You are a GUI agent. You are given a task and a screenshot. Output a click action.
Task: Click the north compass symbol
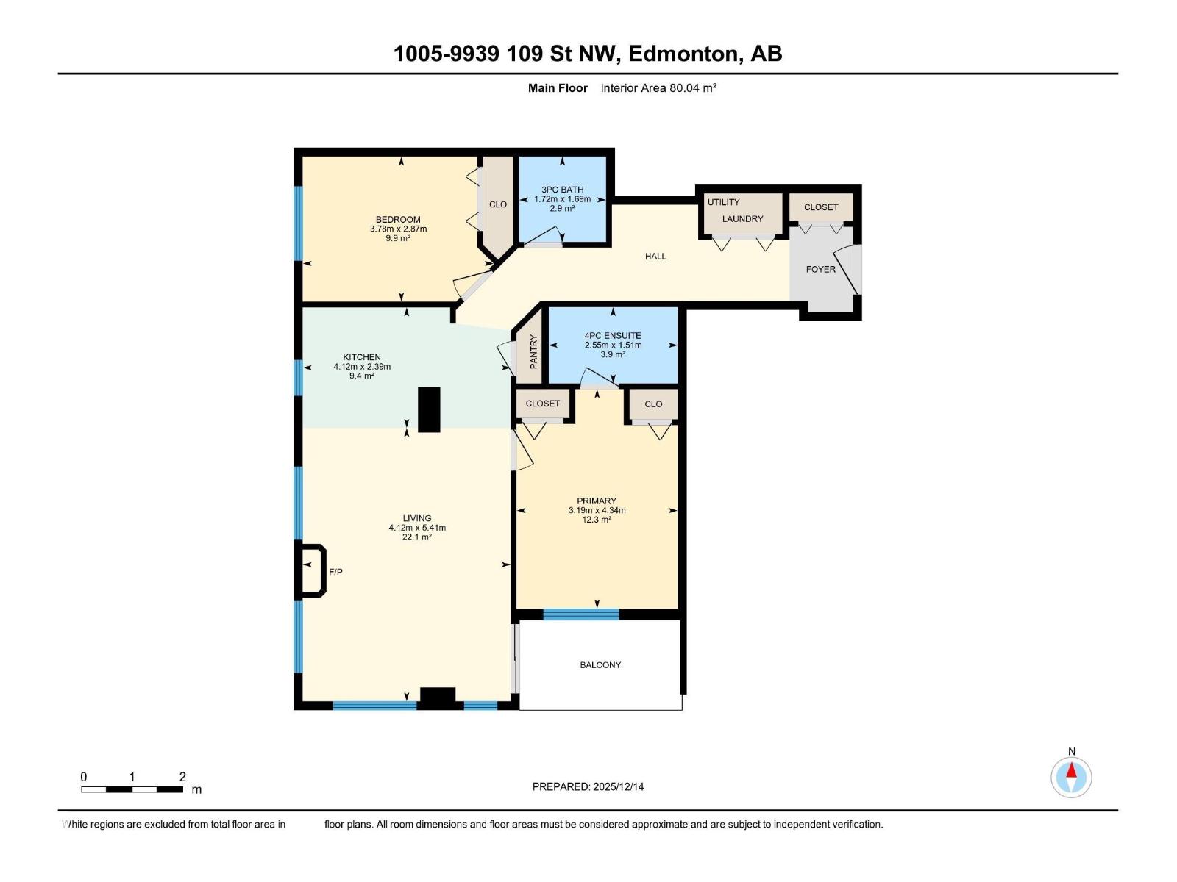1071,776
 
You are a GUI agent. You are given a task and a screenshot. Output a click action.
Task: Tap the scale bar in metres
132,789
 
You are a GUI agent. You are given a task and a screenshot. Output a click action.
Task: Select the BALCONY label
600,665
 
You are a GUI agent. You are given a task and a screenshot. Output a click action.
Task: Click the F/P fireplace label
335,572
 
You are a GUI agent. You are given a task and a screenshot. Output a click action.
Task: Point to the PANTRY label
533,351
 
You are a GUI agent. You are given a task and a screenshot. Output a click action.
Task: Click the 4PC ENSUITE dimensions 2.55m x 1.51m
613,345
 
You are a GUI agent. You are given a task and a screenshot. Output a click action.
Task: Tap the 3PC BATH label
562,190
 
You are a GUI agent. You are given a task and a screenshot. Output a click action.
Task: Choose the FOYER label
820,269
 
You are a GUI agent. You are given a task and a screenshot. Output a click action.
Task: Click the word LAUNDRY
742,219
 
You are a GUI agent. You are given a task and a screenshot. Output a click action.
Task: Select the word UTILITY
723,202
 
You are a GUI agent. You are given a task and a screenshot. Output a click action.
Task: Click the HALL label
655,257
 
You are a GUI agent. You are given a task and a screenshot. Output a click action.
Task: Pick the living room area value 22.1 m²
417,537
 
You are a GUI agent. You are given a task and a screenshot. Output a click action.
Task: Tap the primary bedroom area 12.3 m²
597,520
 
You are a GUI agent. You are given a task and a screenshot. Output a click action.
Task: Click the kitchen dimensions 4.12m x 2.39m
362,367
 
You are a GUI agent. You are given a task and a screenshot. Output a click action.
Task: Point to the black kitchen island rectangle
429,409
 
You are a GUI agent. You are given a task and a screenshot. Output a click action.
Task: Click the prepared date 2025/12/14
617,786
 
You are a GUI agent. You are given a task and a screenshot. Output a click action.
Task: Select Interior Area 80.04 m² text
658,88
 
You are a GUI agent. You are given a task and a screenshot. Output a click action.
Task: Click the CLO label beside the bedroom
498,204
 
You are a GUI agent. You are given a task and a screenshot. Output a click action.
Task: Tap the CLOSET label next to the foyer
821,207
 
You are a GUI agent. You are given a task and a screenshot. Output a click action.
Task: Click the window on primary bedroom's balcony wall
581,614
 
